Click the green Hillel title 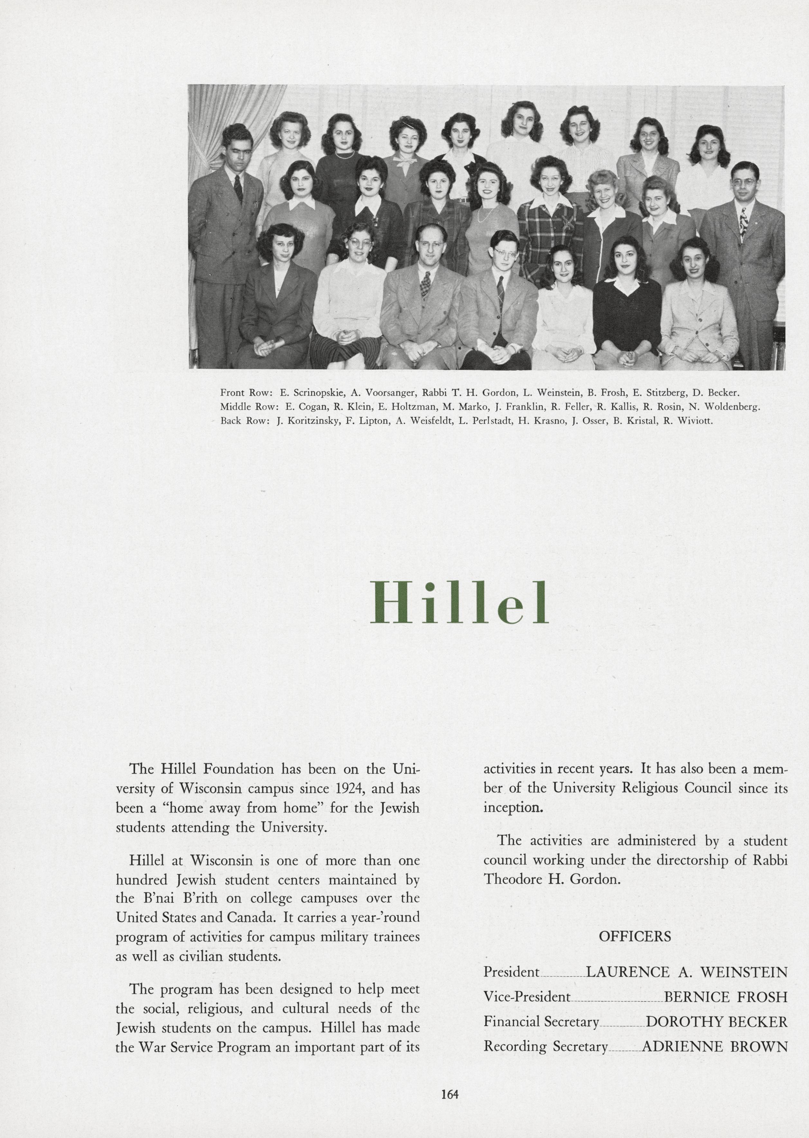click(x=459, y=603)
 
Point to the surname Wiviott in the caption click(x=695, y=420)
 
